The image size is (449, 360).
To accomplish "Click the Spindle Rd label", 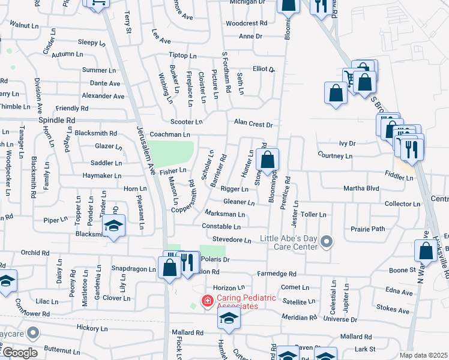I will [56, 120].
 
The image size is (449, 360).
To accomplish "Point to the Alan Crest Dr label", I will [253, 125].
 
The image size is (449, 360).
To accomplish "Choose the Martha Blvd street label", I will [361, 188].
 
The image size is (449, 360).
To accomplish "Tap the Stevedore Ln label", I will [232, 240].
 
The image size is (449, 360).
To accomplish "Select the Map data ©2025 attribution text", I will [424, 355].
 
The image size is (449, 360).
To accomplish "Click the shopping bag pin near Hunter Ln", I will [268, 160].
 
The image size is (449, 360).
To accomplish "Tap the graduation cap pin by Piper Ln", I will [112, 226].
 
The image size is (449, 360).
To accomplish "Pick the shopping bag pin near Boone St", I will [426, 251].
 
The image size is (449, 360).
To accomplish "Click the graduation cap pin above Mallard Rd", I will [229, 319].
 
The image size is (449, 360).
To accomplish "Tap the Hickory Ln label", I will [91, 329].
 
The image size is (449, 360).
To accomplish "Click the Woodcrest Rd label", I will [246, 23].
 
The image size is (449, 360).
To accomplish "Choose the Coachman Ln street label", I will [170, 135].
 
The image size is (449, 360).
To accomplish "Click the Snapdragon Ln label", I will [134, 269].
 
